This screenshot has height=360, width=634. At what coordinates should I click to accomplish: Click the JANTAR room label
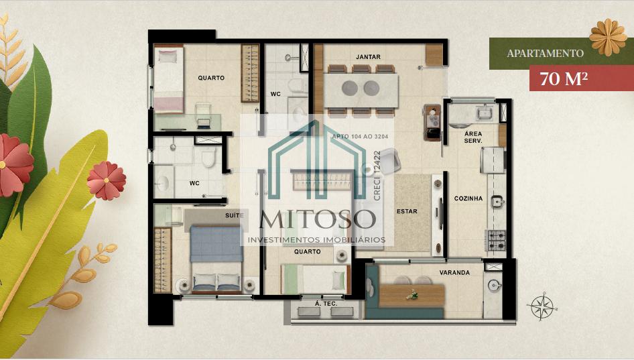click(368, 57)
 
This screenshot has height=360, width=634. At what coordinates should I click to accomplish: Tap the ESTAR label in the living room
click(407, 211)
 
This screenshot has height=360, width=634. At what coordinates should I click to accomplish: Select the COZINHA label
click(468, 198)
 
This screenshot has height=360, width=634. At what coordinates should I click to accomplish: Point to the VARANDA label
click(454, 273)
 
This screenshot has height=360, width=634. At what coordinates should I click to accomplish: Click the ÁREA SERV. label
click(473, 137)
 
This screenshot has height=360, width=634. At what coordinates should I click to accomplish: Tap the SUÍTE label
click(235, 216)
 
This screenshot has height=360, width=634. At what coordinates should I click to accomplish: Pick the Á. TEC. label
click(326, 304)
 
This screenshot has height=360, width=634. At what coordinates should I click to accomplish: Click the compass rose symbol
click(542, 306)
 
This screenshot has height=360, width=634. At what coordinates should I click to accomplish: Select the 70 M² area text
click(564, 78)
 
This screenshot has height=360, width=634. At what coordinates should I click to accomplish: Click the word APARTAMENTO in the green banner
click(546, 54)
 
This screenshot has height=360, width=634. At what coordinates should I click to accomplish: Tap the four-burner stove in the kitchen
click(495, 240)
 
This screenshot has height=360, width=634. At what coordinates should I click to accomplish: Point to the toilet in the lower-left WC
click(209, 158)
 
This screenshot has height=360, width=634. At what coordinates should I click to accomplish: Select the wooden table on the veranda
click(412, 296)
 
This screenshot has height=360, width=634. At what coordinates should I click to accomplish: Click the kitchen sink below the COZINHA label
click(497, 201)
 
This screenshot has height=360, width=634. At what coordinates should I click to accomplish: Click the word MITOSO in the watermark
click(318, 219)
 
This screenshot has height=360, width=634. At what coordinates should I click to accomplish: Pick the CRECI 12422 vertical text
click(377, 176)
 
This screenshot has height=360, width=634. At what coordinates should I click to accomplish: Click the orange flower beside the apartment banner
click(608, 38)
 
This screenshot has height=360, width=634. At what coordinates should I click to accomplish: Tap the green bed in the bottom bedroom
click(314, 279)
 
